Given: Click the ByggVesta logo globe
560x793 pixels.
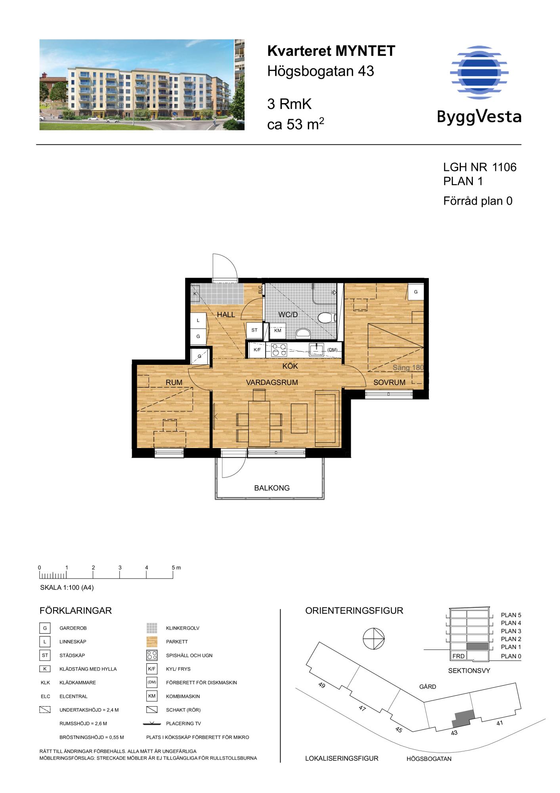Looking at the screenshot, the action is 479,72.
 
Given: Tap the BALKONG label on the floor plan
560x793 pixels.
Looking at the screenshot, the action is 272,488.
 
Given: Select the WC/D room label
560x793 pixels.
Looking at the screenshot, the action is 288,315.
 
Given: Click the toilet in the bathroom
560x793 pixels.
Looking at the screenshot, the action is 327,318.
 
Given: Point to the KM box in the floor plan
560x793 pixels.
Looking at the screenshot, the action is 278,331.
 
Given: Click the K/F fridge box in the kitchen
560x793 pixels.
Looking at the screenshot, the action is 257,350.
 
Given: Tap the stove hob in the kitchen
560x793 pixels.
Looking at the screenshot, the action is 279,350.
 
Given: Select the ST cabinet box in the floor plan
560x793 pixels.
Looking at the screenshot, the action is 254,330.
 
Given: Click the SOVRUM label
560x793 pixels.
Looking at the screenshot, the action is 389,383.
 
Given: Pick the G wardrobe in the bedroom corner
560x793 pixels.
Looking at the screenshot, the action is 416,292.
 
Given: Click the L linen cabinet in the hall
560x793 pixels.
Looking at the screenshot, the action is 198,320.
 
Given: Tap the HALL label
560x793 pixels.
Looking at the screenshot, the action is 226,315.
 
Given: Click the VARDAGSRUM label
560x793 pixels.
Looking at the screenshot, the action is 272,383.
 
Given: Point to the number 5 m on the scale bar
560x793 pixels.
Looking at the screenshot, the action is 176,568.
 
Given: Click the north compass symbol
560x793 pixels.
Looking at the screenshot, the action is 374,640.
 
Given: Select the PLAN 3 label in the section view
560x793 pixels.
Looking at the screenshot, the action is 511,631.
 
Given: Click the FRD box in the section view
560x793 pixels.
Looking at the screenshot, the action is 459,656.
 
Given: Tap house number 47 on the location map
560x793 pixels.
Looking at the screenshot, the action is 362,709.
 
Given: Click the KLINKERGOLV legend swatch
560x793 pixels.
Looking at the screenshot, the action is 152,628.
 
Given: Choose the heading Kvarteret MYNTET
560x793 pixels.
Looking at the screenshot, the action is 331,51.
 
